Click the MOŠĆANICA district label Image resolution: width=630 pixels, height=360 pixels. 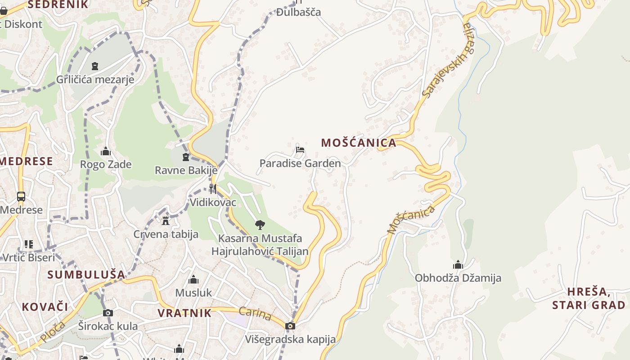click(359, 143)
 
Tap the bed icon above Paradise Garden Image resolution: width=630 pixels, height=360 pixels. click(300, 149)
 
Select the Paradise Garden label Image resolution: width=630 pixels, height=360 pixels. click(300, 163)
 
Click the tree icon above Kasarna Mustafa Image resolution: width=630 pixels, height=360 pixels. click(260, 225)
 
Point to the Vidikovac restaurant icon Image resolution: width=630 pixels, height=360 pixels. click(213, 189)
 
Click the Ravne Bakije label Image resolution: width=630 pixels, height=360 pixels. click(186, 171)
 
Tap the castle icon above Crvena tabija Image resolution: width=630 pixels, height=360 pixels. click(166, 220)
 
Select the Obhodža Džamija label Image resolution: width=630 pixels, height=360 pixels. click(458, 278)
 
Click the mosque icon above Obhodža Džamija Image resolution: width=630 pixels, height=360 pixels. click(458, 265)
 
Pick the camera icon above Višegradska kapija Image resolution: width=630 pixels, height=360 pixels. click(290, 326)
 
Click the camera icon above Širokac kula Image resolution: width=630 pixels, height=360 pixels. click(108, 313)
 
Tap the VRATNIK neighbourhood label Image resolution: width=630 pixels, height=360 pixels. click(184, 313)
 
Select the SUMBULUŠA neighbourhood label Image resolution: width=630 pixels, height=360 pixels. click(86, 274)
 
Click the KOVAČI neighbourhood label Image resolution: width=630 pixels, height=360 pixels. click(45, 307)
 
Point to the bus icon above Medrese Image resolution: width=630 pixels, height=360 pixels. click(21, 197)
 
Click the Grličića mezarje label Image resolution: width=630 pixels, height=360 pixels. click(95, 80)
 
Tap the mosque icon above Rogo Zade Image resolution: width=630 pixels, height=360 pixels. click(106, 151)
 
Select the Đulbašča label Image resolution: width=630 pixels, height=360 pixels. click(298, 12)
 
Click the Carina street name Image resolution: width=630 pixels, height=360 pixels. click(255, 314)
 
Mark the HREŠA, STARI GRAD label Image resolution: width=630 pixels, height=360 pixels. click(588, 298)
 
